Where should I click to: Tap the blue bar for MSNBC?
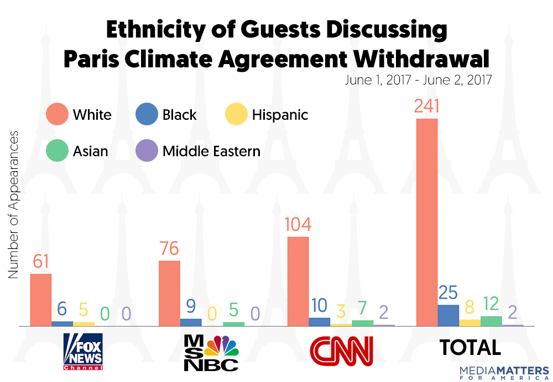(191, 322)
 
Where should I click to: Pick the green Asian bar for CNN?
(362, 323)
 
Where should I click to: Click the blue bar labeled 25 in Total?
(448, 315)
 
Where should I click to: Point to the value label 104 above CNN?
(298, 225)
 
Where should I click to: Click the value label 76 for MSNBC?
(169, 248)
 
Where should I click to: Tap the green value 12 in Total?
(491, 303)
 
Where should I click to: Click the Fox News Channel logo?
(84, 352)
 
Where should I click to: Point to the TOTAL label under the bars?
(470, 347)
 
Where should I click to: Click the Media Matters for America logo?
(504, 372)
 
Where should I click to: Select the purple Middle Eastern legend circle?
(147, 150)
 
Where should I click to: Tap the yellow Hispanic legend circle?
(236, 115)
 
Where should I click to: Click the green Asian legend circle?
(57, 150)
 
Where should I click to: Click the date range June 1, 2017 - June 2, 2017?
(419, 79)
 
